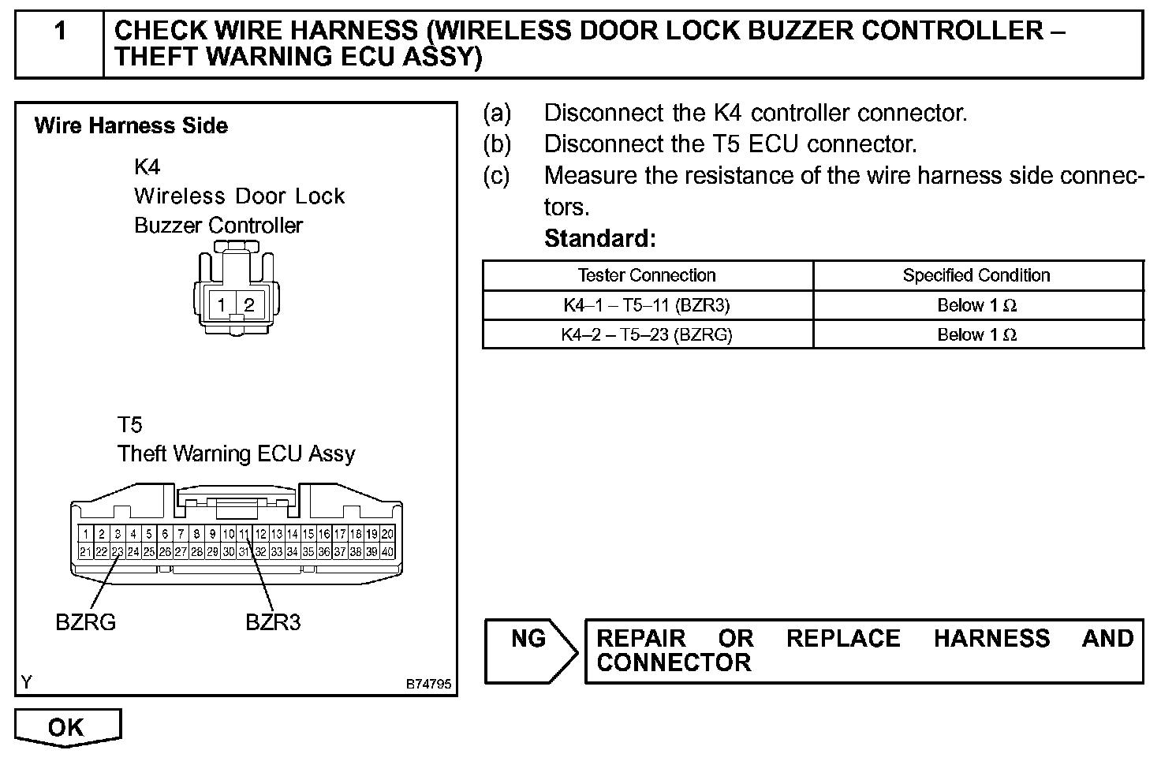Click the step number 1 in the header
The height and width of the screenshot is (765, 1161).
pos(60,32)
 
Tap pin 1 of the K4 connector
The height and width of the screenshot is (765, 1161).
pos(222,305)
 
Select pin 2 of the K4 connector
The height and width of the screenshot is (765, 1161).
pos(249,305)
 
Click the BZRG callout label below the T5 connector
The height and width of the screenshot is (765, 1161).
pos(85,622)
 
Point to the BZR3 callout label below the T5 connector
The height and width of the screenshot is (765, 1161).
pos(273,622)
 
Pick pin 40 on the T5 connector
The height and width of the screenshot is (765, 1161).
pos(387,552)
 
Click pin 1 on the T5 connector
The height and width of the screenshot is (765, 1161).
pos(85,534)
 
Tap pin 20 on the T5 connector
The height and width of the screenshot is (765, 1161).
pos(387,534)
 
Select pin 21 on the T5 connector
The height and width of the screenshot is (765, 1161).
pos(85,552)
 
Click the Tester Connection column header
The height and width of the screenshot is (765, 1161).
pos(647,275)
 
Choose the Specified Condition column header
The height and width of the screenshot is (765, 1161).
pos(976,275)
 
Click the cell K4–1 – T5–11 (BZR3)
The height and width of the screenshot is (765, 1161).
pos(647,305)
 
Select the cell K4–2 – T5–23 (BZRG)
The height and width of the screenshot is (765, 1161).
pos(647,334)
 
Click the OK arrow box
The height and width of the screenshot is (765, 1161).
pos(67,726)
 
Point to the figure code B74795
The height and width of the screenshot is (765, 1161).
pos(429,684)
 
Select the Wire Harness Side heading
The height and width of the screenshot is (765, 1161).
pos(131,126)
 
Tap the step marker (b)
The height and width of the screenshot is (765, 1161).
pos(497,144)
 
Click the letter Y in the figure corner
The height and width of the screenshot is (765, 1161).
pos(27,682)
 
